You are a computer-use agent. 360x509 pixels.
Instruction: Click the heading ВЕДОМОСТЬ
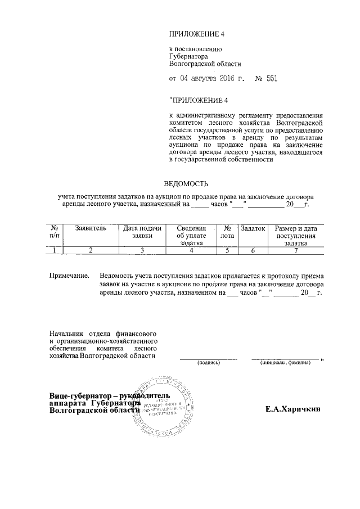(x=186, y=184)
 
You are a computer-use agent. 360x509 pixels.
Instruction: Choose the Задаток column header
(x=253, y=229)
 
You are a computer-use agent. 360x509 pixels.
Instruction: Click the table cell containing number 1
(x=54, y=251)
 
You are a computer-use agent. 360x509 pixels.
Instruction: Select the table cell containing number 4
(x=191, y=251)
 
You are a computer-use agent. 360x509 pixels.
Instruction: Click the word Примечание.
(x=69, y=276)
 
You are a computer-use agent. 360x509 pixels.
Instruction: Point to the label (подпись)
(x=209, y=363)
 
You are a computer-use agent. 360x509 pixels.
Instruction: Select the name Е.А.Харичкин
(x=293, y=409)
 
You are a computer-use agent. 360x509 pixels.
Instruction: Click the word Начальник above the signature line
(x=66, y=334)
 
